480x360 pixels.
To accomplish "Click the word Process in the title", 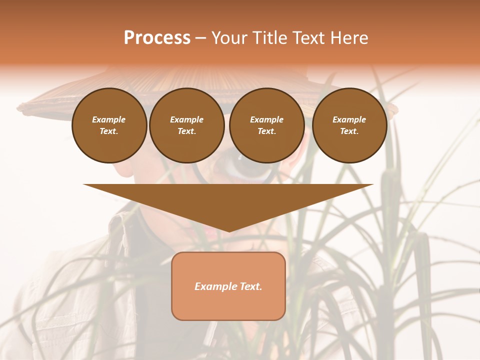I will [157, 38].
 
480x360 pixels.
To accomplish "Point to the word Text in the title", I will [307, 38].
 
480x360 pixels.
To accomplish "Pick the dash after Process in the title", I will [200, 38].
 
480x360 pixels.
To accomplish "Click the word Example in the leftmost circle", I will [109, 119].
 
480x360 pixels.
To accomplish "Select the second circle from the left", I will [187, 125].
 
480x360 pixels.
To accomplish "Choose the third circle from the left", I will [267, 125].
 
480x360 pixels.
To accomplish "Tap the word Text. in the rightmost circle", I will [349, 131].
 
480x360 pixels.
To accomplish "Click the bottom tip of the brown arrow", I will [229, 231].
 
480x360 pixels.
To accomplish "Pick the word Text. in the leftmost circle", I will [109, 131].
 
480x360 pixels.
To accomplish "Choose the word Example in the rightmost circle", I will [349, 119].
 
